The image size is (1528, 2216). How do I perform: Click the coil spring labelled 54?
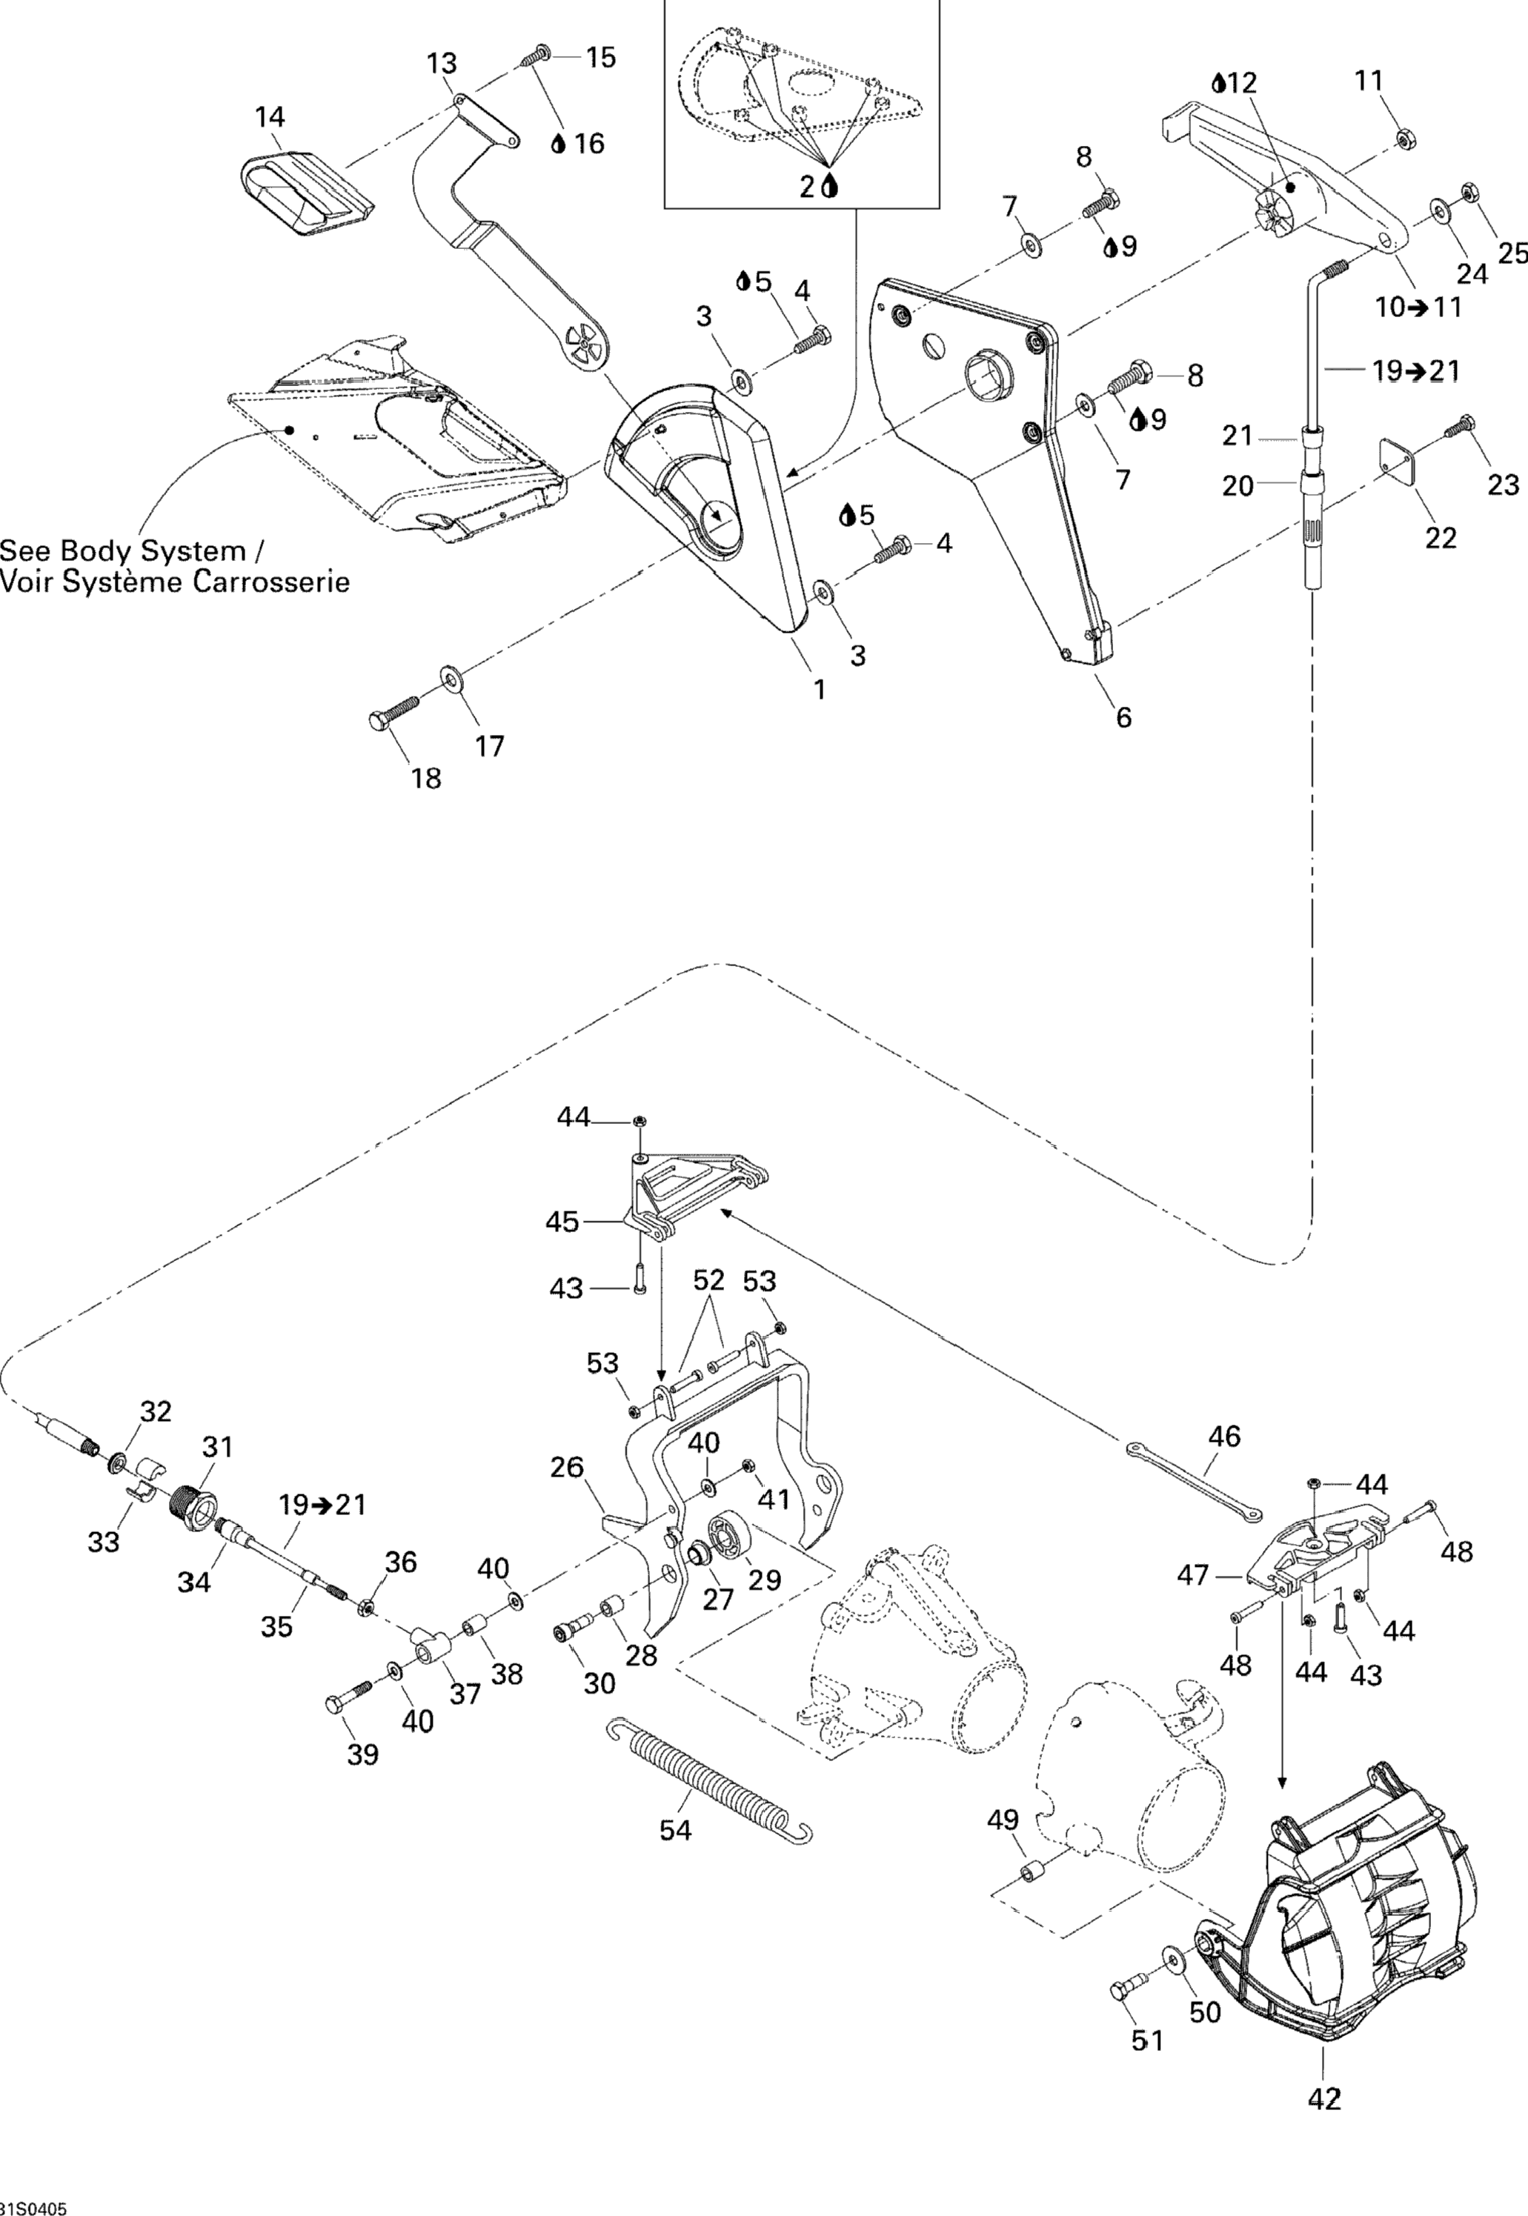709,1774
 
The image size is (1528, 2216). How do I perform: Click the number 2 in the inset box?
808,187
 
